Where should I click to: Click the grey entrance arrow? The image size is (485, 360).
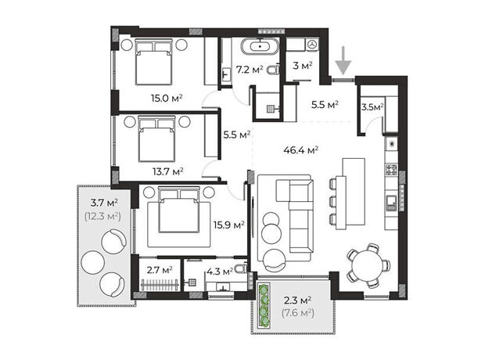(343, 61)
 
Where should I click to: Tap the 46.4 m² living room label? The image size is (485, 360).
(300, 150)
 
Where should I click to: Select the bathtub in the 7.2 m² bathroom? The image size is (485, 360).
(260, 46)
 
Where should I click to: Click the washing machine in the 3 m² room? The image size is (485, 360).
(313, 45)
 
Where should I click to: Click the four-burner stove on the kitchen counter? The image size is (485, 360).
(391, 170)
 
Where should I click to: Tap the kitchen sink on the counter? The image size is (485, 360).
(391, 203)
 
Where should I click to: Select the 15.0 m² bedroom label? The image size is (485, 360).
(167, 99)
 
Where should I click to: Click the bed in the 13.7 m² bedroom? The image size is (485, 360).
(156, 139)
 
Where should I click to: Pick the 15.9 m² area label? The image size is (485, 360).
(229, 225)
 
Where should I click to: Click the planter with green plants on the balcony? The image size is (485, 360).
(264, 306)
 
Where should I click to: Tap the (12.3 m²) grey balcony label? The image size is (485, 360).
(102, 216)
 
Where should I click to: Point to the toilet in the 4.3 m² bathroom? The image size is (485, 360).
(240, 268)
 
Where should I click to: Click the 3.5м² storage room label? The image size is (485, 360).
(372, 107)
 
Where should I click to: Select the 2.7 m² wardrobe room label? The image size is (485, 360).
(160, 270)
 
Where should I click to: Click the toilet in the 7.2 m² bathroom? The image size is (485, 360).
(273, 70)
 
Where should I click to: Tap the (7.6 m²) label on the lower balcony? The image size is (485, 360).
(298, 313)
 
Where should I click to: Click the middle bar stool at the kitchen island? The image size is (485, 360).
(333, 201)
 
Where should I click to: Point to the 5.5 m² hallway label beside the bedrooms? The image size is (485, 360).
(236, 135)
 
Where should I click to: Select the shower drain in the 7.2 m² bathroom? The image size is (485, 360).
(271, 109)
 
